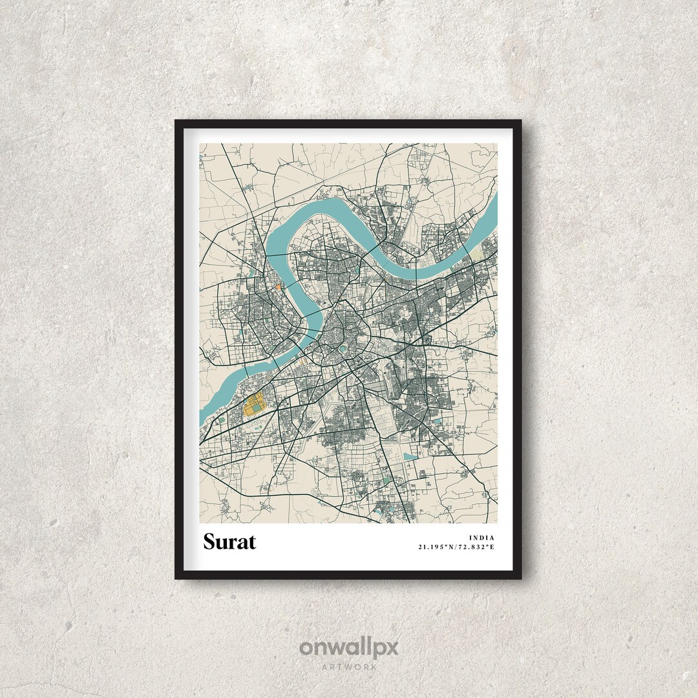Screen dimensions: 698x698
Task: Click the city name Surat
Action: (229, 542)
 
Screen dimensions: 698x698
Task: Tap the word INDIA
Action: (482, 537)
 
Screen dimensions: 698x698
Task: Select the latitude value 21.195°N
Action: (437, 547)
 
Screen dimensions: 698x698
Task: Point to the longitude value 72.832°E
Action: (477, 547)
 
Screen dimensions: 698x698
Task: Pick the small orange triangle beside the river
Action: (277, 286)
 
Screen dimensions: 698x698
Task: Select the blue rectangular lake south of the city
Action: (410, 456)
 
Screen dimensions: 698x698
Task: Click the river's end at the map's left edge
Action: (202, 420)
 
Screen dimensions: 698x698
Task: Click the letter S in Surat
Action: (210, 542)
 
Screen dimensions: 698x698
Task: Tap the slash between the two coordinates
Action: (456, 547)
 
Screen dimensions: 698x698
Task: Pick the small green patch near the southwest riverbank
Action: (222, 421)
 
